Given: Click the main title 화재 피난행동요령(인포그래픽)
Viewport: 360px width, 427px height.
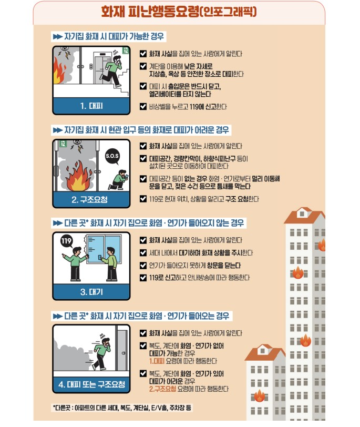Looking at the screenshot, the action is coord(179,12).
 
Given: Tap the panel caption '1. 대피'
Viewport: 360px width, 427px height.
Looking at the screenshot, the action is coord(91,106).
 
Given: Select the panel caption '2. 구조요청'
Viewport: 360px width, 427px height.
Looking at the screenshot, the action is coord(89,200).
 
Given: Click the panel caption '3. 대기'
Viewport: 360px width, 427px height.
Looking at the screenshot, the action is coord(91,292).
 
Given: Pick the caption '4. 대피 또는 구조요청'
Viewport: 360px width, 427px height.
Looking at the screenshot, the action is coord(91,384).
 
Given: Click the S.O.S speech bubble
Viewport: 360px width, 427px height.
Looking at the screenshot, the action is coord(112,156).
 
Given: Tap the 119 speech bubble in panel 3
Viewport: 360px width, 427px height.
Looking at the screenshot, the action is coord(66,241).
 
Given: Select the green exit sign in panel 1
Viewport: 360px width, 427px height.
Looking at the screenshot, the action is coord(126,50).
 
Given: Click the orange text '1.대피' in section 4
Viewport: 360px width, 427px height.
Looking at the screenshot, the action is coord(157,361).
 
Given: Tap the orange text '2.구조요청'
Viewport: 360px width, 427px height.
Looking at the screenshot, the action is coord(162,389).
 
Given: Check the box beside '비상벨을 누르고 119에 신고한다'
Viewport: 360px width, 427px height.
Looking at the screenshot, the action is coord(143,106).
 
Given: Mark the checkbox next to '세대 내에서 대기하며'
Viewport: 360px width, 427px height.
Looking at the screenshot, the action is coord(143,253).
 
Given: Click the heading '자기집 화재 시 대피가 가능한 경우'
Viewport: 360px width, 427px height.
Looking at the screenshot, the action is coord(114,36).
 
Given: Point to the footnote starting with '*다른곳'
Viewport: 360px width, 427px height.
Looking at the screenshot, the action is coord(122,408).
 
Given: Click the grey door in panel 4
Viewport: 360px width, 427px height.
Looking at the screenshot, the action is coord(122,350).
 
